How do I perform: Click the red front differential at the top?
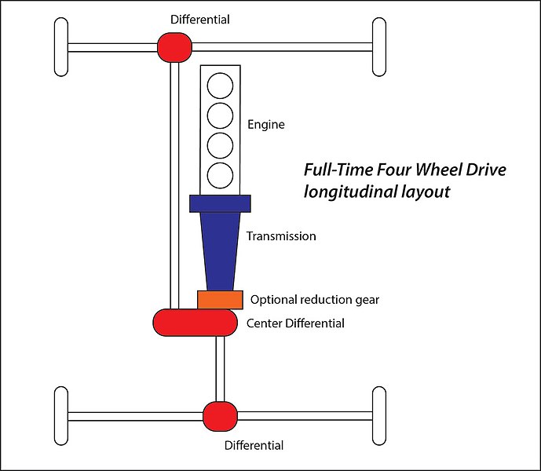coord(174,47)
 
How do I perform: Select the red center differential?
coord(196,323)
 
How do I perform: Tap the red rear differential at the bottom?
coord(220,416)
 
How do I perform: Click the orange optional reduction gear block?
coord(220,300)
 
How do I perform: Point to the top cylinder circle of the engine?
coord(220,86)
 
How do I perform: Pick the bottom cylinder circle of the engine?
coord(220,175)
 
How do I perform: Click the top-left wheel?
coord(61,47)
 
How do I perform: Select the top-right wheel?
coord(379,47)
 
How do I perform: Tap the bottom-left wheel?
coord(61,416)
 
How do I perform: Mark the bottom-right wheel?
coord(379,416)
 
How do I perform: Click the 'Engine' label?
coord(266,125)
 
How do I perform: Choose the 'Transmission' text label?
coord(281,236)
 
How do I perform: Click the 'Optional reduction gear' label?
coord(315,300)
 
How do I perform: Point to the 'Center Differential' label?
coord(295,323)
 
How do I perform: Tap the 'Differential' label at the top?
coord(200,20)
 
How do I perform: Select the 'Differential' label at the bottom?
coord(254,445)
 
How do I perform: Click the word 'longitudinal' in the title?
coord(349,192)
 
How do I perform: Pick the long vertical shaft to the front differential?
coord(175,185)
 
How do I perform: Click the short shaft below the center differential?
coord(220,369)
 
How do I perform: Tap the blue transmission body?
coord(220,243)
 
